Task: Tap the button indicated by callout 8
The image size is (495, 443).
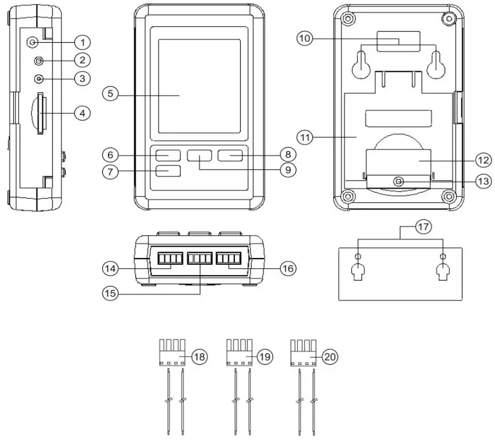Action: click(x=230, y=154)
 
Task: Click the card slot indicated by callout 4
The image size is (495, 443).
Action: click(x=39, y=114)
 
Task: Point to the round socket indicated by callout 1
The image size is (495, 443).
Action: click(x=34, y=42)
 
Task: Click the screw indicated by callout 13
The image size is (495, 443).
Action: click(x=399, y=182)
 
